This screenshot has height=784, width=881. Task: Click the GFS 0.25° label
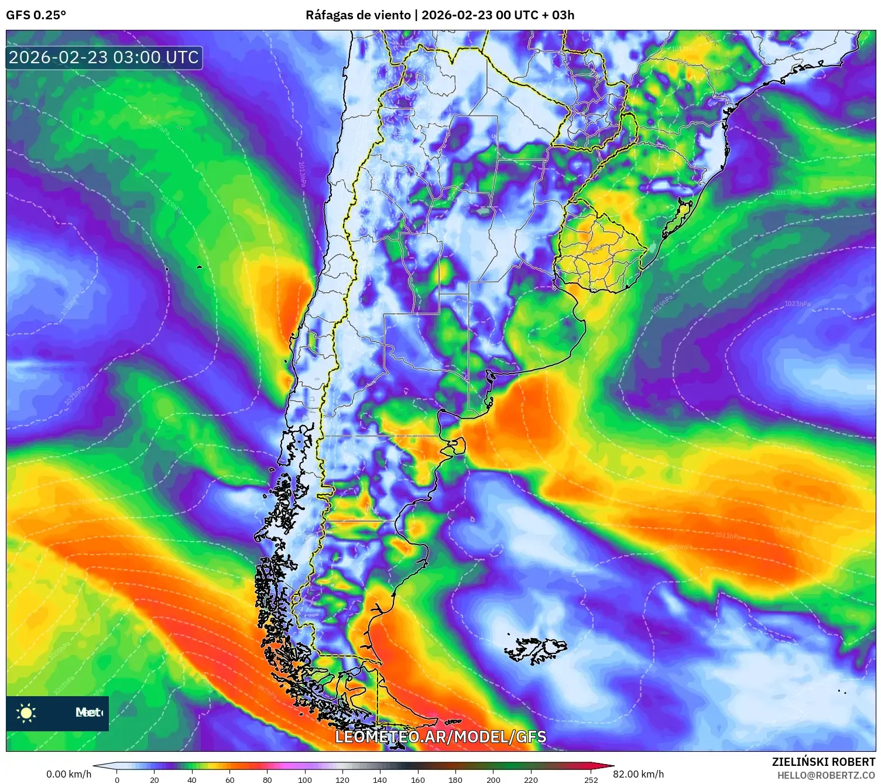coord(36,15)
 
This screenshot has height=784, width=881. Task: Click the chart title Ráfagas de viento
coord(358,15)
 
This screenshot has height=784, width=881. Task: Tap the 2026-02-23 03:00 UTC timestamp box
coord(104,58)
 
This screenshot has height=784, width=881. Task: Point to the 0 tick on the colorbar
coord(117,779)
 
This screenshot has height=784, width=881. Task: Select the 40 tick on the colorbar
coord(192,779)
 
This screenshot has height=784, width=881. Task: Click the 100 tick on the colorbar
coord(305,779)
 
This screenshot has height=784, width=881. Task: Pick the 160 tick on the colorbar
coord(418,779)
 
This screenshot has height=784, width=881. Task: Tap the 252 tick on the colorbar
coord(591,779)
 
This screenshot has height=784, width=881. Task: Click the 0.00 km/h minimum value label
coord(69,774)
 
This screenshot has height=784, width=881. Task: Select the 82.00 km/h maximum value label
coord(639,774)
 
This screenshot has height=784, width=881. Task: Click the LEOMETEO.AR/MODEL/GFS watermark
coord(440,737)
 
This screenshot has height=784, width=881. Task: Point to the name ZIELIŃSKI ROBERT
coord(823,762)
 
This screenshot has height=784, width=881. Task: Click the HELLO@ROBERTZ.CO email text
coord(826,775)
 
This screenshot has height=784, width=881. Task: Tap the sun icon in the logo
coord(26,713)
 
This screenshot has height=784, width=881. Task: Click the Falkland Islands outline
coord(536,649)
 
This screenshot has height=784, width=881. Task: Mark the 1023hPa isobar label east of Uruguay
coord(797,304)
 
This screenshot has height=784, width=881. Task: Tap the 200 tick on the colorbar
coord(493,779)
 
